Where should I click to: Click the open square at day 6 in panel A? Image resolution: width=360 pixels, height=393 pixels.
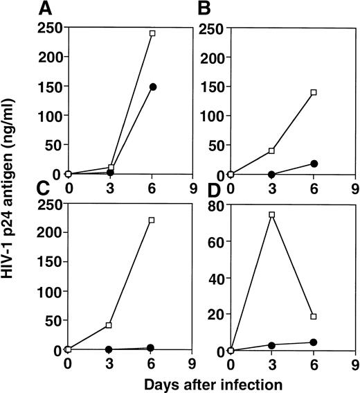[x=152, y=33]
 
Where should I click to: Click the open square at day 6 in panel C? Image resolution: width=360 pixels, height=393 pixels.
[x=152, y=220]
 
